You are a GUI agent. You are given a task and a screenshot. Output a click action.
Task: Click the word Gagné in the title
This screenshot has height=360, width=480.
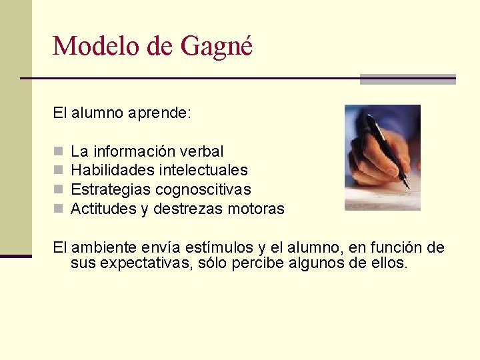[x=217, y=46]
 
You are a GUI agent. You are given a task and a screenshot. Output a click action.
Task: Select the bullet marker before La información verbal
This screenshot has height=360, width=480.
[x=57, y=152]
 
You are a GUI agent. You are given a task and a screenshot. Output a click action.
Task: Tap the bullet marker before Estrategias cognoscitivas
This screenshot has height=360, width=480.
[x=57, y=190]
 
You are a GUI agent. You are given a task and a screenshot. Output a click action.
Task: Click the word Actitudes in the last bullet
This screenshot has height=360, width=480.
[x=103, y=209]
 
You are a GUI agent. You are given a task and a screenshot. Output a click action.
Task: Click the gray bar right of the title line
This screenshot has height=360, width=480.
[x=407, y=79]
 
